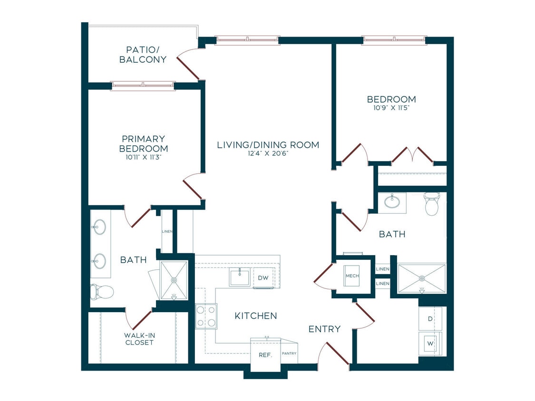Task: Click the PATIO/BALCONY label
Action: (x=143, y=55)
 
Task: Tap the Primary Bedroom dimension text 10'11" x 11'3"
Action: (x=143, y=157)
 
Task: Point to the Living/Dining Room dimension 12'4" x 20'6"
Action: (x=268, y=153)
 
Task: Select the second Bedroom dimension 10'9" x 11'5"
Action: (x=391, y=108)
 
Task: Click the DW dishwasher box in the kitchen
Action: (x=263, y=277)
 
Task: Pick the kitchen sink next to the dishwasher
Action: (x=240, y=277)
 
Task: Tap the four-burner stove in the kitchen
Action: (x=206, y=316)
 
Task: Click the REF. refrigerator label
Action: (x=265, y=355)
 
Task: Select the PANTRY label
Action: (x=289, y=353)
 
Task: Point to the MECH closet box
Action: (x=352, y=276)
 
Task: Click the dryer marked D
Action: (x=430, y=319)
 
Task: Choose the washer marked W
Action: (x=430, y=344)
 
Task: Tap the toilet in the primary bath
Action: (x=102, y=292)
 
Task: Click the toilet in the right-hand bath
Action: (x=432, y=203)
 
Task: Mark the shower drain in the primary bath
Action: (x=174, y=280)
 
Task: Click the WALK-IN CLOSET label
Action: (x=139, y=339)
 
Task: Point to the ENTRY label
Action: (x=324, y=329)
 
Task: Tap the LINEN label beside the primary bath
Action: (x=167, y=231)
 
